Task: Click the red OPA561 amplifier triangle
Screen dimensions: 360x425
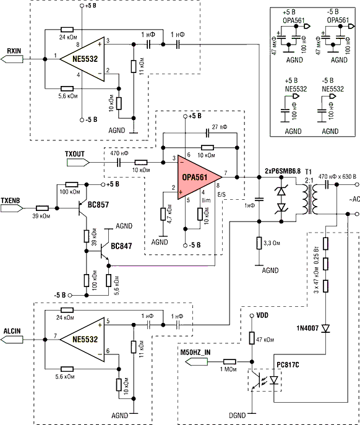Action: (x=198, y=178)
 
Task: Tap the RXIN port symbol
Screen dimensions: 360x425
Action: (x=12, y=59)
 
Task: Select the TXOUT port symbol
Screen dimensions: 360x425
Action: (x=78, y=162)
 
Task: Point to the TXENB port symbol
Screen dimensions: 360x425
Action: (x=12, y=208)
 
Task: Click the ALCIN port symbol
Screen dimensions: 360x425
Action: (x=12, y=340)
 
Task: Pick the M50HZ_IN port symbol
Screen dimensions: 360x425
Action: (x=197, y=361)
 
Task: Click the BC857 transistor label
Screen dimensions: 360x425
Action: (x=98, y=205)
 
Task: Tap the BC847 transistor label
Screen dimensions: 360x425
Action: (x=121, y=246)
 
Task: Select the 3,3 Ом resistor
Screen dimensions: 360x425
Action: (x=259, y=243)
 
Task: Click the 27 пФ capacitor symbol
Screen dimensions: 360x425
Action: (x=208, y=133)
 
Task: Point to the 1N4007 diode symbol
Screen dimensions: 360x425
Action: (x=325, y=328)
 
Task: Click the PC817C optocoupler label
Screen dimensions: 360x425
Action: (x=288, y=365)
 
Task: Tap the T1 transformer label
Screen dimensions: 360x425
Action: (x=309, y=172)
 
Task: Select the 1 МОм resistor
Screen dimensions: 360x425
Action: (x=229, y=361)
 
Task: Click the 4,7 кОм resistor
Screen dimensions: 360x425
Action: (x=163, y=214)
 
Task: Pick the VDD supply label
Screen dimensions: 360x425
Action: (x=262, y=316)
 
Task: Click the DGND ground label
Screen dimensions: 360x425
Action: (x=237, y=415)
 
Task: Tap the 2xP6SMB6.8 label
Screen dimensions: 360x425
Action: (x=283, y=171)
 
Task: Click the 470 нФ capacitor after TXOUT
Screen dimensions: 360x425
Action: (x=119, y=162)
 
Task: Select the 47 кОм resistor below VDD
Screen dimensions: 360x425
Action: (x=252, y=338)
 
